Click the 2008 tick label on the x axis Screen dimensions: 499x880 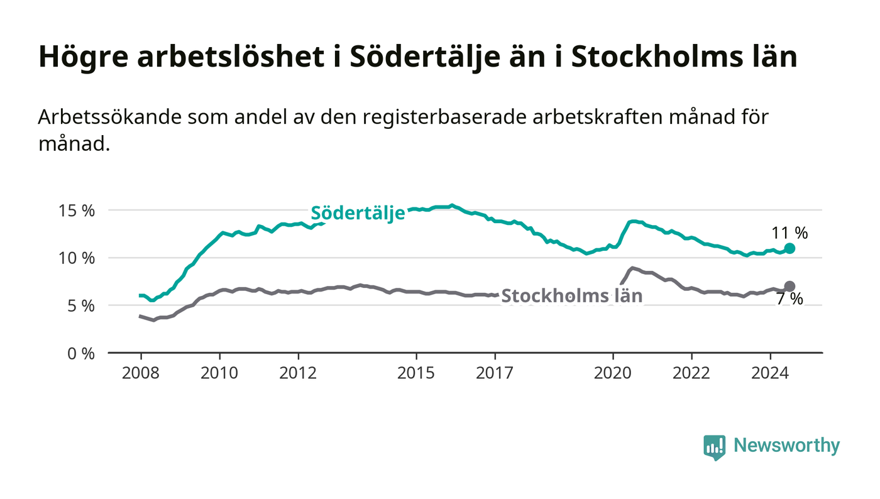click(x=141, y=373)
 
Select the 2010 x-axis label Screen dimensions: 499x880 click(x=219, y=373)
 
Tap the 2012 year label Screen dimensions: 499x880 click(x=298, y=373)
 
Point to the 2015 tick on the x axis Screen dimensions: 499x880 click(x=416, y=373)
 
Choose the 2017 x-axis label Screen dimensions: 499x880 click(x=495, y=373)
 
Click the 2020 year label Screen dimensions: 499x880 click(x=613, y=373)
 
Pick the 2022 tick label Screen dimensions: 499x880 click(x=691, y=373)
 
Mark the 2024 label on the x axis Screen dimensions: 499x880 click(x=771, y=373)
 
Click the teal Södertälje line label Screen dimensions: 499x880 click(x=358, y=213)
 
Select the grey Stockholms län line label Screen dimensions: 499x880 click(x=572, y=296)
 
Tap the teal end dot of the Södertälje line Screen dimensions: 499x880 click(x=790, y=248)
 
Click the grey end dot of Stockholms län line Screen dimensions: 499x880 click(x=790, y=286)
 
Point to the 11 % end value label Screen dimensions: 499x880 click(x=789, y=233)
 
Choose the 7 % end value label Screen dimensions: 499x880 click(x=789, y=300)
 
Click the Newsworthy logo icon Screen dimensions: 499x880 click(x=714, y=447)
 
